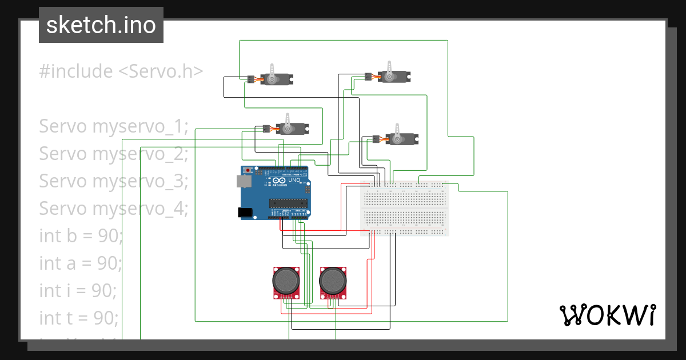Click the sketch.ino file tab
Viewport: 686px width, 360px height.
101,25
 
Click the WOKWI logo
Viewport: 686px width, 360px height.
607,315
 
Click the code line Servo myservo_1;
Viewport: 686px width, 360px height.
114,126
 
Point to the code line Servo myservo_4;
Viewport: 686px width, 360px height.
114,209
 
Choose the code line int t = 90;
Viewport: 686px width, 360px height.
79,317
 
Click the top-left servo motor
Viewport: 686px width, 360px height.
277,78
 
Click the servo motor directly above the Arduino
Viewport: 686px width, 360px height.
292,128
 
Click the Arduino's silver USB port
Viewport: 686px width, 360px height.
244,181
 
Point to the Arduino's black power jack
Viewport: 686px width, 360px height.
245,212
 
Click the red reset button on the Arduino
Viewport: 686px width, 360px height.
248,170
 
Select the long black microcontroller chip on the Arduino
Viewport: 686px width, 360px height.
289,202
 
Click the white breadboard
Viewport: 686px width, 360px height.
405,209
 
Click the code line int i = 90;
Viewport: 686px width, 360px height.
78,290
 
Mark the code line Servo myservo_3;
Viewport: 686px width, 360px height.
114,181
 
